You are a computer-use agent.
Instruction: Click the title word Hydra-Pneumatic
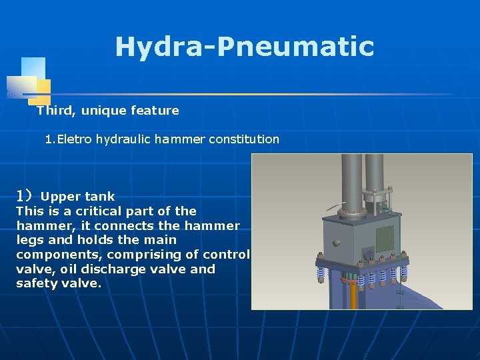(x=244, y=47)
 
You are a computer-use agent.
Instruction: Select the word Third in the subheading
(x=52, y=111)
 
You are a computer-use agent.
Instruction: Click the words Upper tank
(x=77, y=197)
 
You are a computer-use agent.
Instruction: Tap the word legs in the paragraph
(x=29, y=240)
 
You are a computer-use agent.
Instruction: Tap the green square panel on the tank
(x=385, y=237)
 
